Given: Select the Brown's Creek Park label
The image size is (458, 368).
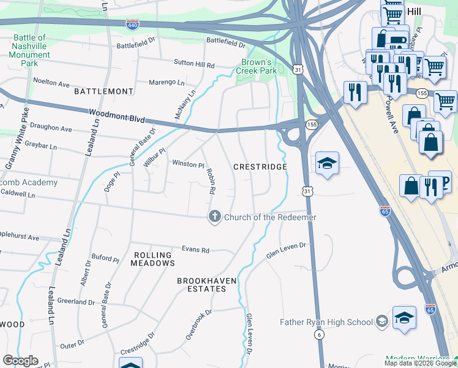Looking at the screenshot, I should [257, 66].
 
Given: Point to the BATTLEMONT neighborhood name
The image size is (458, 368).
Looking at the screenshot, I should [103, 91].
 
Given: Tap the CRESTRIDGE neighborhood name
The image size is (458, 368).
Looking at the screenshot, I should [260, 167].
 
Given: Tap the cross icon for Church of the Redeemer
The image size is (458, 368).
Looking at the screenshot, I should [214, 217].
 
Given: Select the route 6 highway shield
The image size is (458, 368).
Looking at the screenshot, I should [319, 334].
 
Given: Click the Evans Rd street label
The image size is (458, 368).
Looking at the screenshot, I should [195, 250].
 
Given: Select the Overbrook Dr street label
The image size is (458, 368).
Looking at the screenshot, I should [199, 324].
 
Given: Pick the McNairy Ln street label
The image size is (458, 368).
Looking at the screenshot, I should [186, 104].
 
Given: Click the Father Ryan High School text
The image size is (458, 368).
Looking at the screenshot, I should [326, 322].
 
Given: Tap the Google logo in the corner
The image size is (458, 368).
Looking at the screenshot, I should [20, 361].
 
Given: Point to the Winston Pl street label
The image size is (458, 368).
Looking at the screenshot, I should [188, 164].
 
